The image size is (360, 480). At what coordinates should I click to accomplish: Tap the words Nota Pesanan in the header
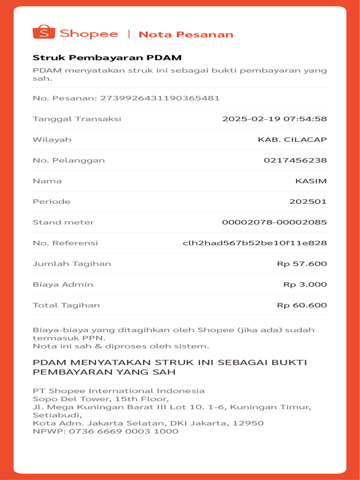186,34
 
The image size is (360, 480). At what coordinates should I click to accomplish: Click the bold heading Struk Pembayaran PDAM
107,58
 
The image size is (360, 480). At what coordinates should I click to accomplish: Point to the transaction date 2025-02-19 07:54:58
274,119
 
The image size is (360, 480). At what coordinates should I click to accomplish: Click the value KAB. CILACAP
292,139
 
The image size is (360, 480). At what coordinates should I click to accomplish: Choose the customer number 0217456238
295,160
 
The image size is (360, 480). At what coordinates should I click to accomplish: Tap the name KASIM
311,181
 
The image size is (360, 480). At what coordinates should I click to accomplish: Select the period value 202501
307,202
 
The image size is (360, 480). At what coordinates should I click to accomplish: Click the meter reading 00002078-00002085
274,222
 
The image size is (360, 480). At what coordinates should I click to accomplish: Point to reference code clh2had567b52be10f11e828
255,243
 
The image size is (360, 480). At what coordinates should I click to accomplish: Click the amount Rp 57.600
301,263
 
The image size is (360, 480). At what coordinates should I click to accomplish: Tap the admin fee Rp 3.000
305,284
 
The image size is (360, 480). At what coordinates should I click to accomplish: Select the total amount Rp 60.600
301,305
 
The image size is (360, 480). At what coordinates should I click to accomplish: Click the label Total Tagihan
66,305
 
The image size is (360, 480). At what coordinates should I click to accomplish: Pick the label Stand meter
63,222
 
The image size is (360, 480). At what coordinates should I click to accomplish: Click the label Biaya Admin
63,284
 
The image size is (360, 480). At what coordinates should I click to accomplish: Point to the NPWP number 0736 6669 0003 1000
123,431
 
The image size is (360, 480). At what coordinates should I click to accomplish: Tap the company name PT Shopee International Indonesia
119,390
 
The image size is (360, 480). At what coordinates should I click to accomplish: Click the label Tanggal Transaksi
77,119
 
